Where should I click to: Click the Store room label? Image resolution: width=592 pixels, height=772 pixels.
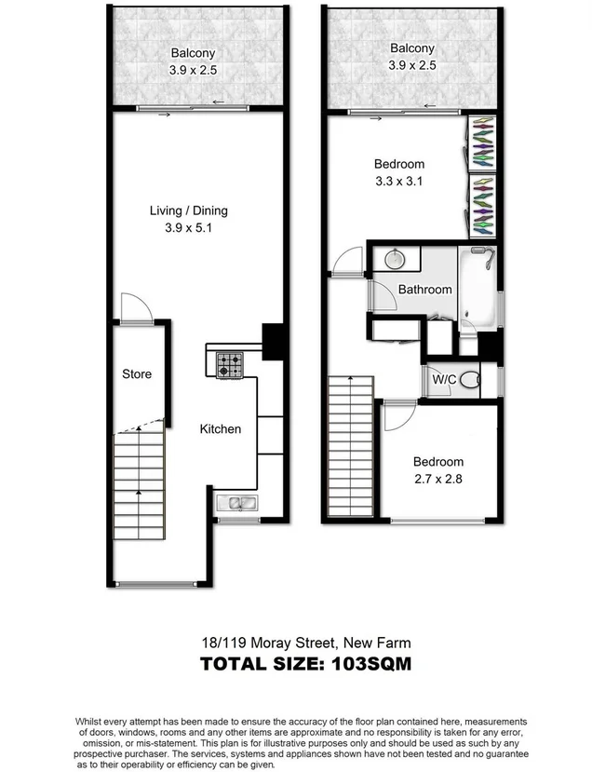click(137, 374)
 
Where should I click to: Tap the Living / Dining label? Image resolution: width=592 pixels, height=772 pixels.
click(189, 210)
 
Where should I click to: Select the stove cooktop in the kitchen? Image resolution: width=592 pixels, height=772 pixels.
click(229, 364)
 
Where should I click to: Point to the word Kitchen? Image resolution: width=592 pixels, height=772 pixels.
click(221, 429)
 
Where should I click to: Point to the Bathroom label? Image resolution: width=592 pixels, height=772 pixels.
click(424, 290)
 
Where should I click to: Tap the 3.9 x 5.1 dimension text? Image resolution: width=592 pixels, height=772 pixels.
click(189, 227)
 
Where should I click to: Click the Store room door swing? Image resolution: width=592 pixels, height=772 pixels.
click(132, 307)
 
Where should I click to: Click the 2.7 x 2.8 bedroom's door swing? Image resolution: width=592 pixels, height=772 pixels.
click(394, 416)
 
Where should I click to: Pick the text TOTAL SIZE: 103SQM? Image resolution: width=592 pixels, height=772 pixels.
click(306, 664)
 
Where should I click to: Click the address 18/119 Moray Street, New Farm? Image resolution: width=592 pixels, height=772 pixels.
click(306, 643)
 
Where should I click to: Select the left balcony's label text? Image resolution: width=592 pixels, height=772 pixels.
click(193, 54)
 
